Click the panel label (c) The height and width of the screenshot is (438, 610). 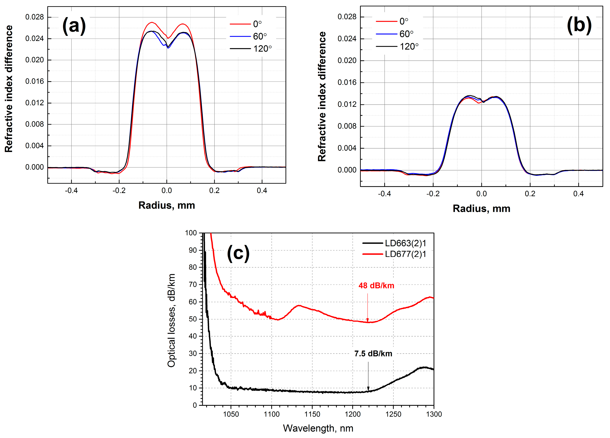tap(238, 254)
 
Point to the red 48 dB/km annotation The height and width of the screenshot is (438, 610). tap(376, 286)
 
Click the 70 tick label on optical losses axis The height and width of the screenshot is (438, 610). tap(193, 285)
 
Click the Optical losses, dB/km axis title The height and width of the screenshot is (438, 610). tap(171, 320)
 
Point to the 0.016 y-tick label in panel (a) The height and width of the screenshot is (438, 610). tap(35, 81)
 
